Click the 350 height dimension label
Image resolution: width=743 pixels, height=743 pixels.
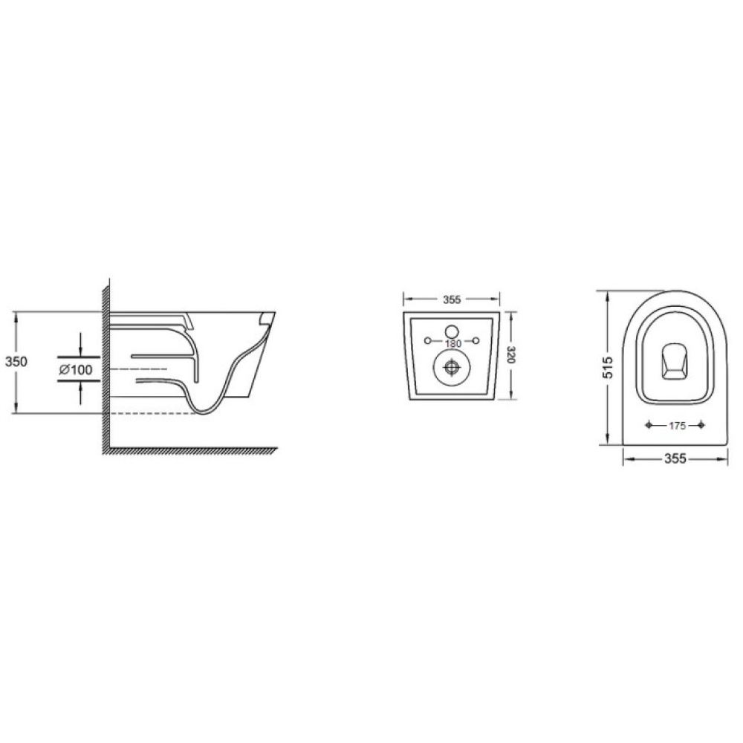coord(16,361)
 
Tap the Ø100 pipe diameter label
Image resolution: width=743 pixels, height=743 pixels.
coord(76,369)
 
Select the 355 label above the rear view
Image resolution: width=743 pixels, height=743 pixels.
coord(452,299)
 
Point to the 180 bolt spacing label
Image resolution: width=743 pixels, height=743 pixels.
coord(453,343)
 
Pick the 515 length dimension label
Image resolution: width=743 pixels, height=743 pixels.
coord(607,367)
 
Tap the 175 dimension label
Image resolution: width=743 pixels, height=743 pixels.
coord(677,426)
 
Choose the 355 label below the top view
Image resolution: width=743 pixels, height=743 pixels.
coord(675,458)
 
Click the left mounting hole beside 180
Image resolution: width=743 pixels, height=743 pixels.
coord(427,340)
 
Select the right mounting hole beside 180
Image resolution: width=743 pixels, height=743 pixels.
coord(476,340)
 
